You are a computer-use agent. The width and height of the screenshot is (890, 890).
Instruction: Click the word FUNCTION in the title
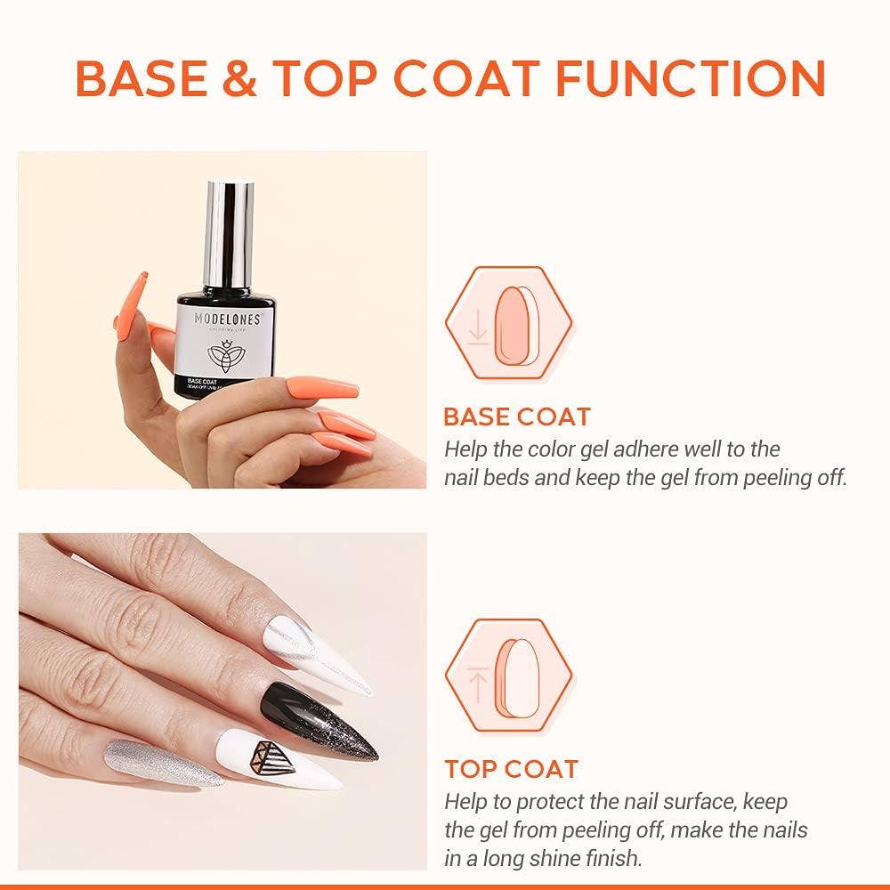point(691,78)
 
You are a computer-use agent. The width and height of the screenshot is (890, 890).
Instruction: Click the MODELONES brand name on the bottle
point(228,319)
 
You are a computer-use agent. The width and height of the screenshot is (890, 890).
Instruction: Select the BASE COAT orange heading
point(516,417)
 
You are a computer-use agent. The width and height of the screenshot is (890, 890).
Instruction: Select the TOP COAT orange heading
point(511,769)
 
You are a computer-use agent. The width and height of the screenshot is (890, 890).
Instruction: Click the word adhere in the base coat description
point(646,449)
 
